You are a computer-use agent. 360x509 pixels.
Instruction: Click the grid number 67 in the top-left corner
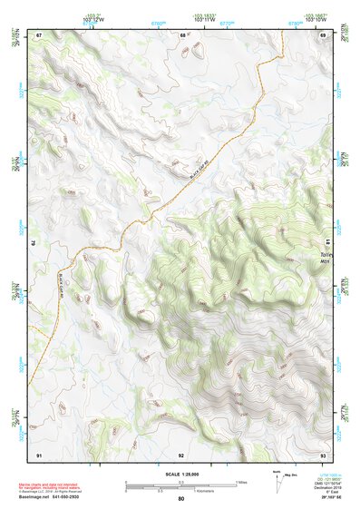(39, 34)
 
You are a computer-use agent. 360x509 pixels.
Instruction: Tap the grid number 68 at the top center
(182, 34)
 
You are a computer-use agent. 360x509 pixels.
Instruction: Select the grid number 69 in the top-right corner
(323, 34)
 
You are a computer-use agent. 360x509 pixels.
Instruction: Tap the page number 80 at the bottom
(181, 499)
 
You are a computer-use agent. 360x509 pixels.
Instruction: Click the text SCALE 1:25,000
(180, 474)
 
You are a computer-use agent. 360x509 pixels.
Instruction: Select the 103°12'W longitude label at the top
(91, 19)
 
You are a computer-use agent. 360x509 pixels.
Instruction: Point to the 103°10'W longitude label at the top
(316, 19)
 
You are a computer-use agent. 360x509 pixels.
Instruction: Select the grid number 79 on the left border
(34, 244)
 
